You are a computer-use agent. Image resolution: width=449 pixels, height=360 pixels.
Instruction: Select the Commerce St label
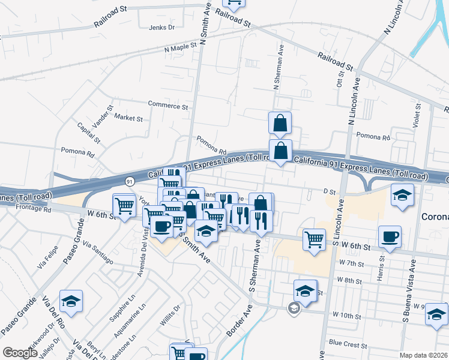(x=168, y=106)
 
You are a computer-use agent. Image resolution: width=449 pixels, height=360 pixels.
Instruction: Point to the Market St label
(x=128, y=118)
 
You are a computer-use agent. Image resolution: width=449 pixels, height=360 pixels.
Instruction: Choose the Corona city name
(x=435, y=217)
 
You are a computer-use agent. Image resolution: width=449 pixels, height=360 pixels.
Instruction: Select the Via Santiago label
(x=98, y=253)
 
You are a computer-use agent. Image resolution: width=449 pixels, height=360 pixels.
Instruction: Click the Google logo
(x=20, y=353)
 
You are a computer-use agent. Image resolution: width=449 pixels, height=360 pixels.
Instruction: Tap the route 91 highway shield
(x=130, y=181)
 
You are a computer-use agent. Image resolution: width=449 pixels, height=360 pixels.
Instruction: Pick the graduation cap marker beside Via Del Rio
(x=71, y=301)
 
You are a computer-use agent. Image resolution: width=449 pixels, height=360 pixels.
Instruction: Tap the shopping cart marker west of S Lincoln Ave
(x=314, y=239)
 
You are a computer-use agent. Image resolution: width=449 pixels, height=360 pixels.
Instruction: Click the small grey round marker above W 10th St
(x=294, y=308)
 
